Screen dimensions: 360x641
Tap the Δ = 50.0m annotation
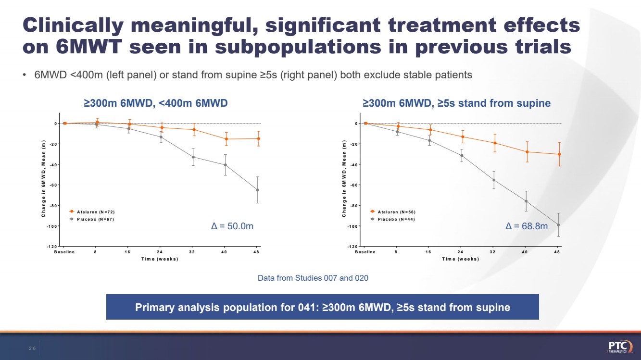coord(232,226)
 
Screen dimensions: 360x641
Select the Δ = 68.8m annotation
coord(527,226)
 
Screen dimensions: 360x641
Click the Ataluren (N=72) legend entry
coord(92,211)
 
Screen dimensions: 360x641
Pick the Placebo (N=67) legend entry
coord(91,219)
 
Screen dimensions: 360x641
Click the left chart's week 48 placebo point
coord(258,190)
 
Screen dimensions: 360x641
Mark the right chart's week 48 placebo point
coord(558,225)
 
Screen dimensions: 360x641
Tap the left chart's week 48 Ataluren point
coord(258,139)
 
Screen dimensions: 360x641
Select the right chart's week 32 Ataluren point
coord(495,143)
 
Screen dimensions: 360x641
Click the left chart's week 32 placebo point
coord(194,157)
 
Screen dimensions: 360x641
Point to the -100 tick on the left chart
coord(50,226)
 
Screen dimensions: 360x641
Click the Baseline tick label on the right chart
coord(365,252)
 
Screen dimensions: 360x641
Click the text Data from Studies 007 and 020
coord(313,278)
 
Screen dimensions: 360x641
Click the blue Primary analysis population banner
coord(322,307)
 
